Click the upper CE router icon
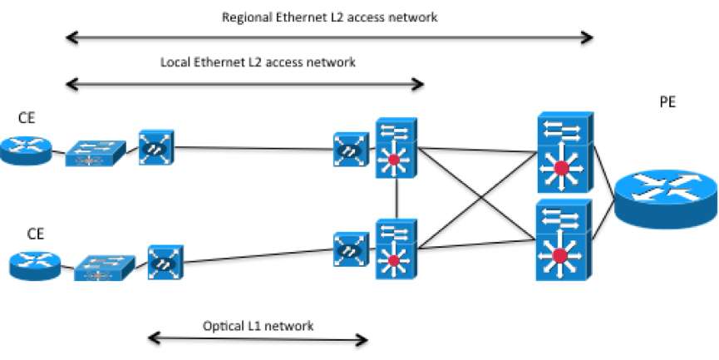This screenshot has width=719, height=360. [26, 152]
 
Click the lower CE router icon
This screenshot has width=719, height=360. [36, 265]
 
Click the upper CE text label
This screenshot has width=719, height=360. [27, 119]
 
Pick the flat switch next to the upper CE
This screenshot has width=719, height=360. [94, 152]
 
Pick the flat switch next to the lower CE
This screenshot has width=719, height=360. [104, 267]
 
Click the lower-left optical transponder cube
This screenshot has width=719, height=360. [166, 262]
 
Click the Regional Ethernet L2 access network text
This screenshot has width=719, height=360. [329, 17]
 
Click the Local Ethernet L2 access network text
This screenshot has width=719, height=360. [258, 62]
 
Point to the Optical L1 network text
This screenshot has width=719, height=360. [258, 326]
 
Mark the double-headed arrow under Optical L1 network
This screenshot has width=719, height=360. [258, 338]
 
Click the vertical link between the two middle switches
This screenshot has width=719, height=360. [398, 198]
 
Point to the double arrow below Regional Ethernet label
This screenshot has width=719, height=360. [329, 37]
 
